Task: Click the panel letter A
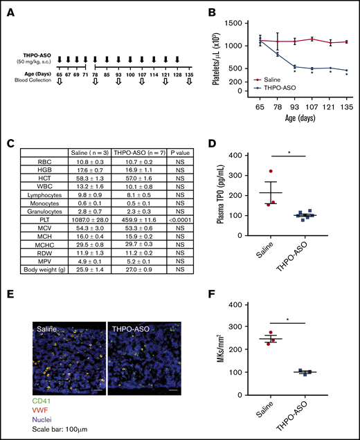click(x=9, y=11)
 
